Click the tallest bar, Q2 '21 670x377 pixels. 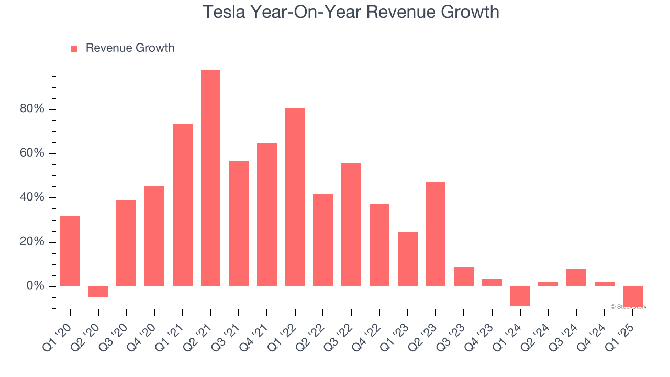(210, 178)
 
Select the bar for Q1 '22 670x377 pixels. (295, 197)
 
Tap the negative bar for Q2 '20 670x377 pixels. (98, 292)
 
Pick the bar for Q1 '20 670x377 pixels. (70, 251)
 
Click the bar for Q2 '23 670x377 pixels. (435, 234)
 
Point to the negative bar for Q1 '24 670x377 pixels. (520, 296)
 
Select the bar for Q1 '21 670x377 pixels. (183, 205)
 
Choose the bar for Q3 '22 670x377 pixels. (351, 225)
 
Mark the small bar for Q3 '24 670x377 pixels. (576, 278)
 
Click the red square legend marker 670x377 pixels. (74, 49)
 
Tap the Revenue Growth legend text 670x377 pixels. (130, 48)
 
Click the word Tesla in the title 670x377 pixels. (223, 12)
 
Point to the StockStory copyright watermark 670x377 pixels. (628, 307)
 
